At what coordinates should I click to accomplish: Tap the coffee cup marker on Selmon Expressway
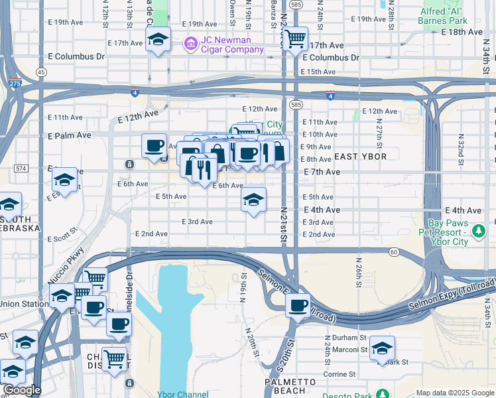click(x=298, y=306)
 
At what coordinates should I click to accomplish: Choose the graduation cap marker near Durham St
click(x=382, y=348)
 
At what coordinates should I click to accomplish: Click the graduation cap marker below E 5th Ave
click(x=253, y=200)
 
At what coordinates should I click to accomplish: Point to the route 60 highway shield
click(x=393, y=251)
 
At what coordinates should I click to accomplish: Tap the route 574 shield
click(x=21, y=168)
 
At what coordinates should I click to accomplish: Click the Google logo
click(x=21, y=390)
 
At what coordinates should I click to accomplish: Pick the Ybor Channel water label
click(x=184, y=394)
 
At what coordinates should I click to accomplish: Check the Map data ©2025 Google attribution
click(x=454, y=393)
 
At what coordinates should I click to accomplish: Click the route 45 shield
click(x=41, y=72)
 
